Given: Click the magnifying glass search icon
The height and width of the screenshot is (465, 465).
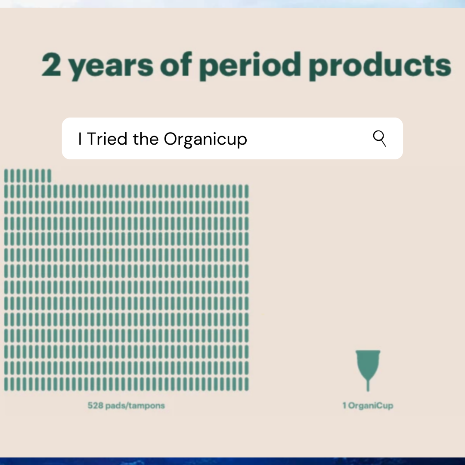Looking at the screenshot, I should (379, 138).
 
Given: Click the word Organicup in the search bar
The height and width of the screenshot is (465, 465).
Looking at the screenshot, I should (205, 139).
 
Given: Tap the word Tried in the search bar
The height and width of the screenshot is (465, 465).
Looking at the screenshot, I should (108, 139).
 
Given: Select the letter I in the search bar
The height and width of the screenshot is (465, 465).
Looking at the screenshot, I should (80, 139).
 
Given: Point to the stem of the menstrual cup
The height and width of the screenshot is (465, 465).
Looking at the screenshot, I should (368, 384).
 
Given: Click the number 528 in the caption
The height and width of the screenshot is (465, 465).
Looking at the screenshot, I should (95, 406).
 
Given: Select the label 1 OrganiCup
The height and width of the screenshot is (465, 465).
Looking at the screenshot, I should (368, 406).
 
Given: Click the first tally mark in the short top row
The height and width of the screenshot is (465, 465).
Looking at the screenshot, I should (6, 176).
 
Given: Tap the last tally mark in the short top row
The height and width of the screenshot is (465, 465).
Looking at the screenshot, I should (49, 176).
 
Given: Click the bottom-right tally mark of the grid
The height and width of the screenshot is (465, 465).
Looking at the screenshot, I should (246, 384).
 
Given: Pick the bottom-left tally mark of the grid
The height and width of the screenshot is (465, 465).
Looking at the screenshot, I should (6, 384).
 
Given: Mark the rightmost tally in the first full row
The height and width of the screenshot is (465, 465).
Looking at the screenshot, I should (246, 191).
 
